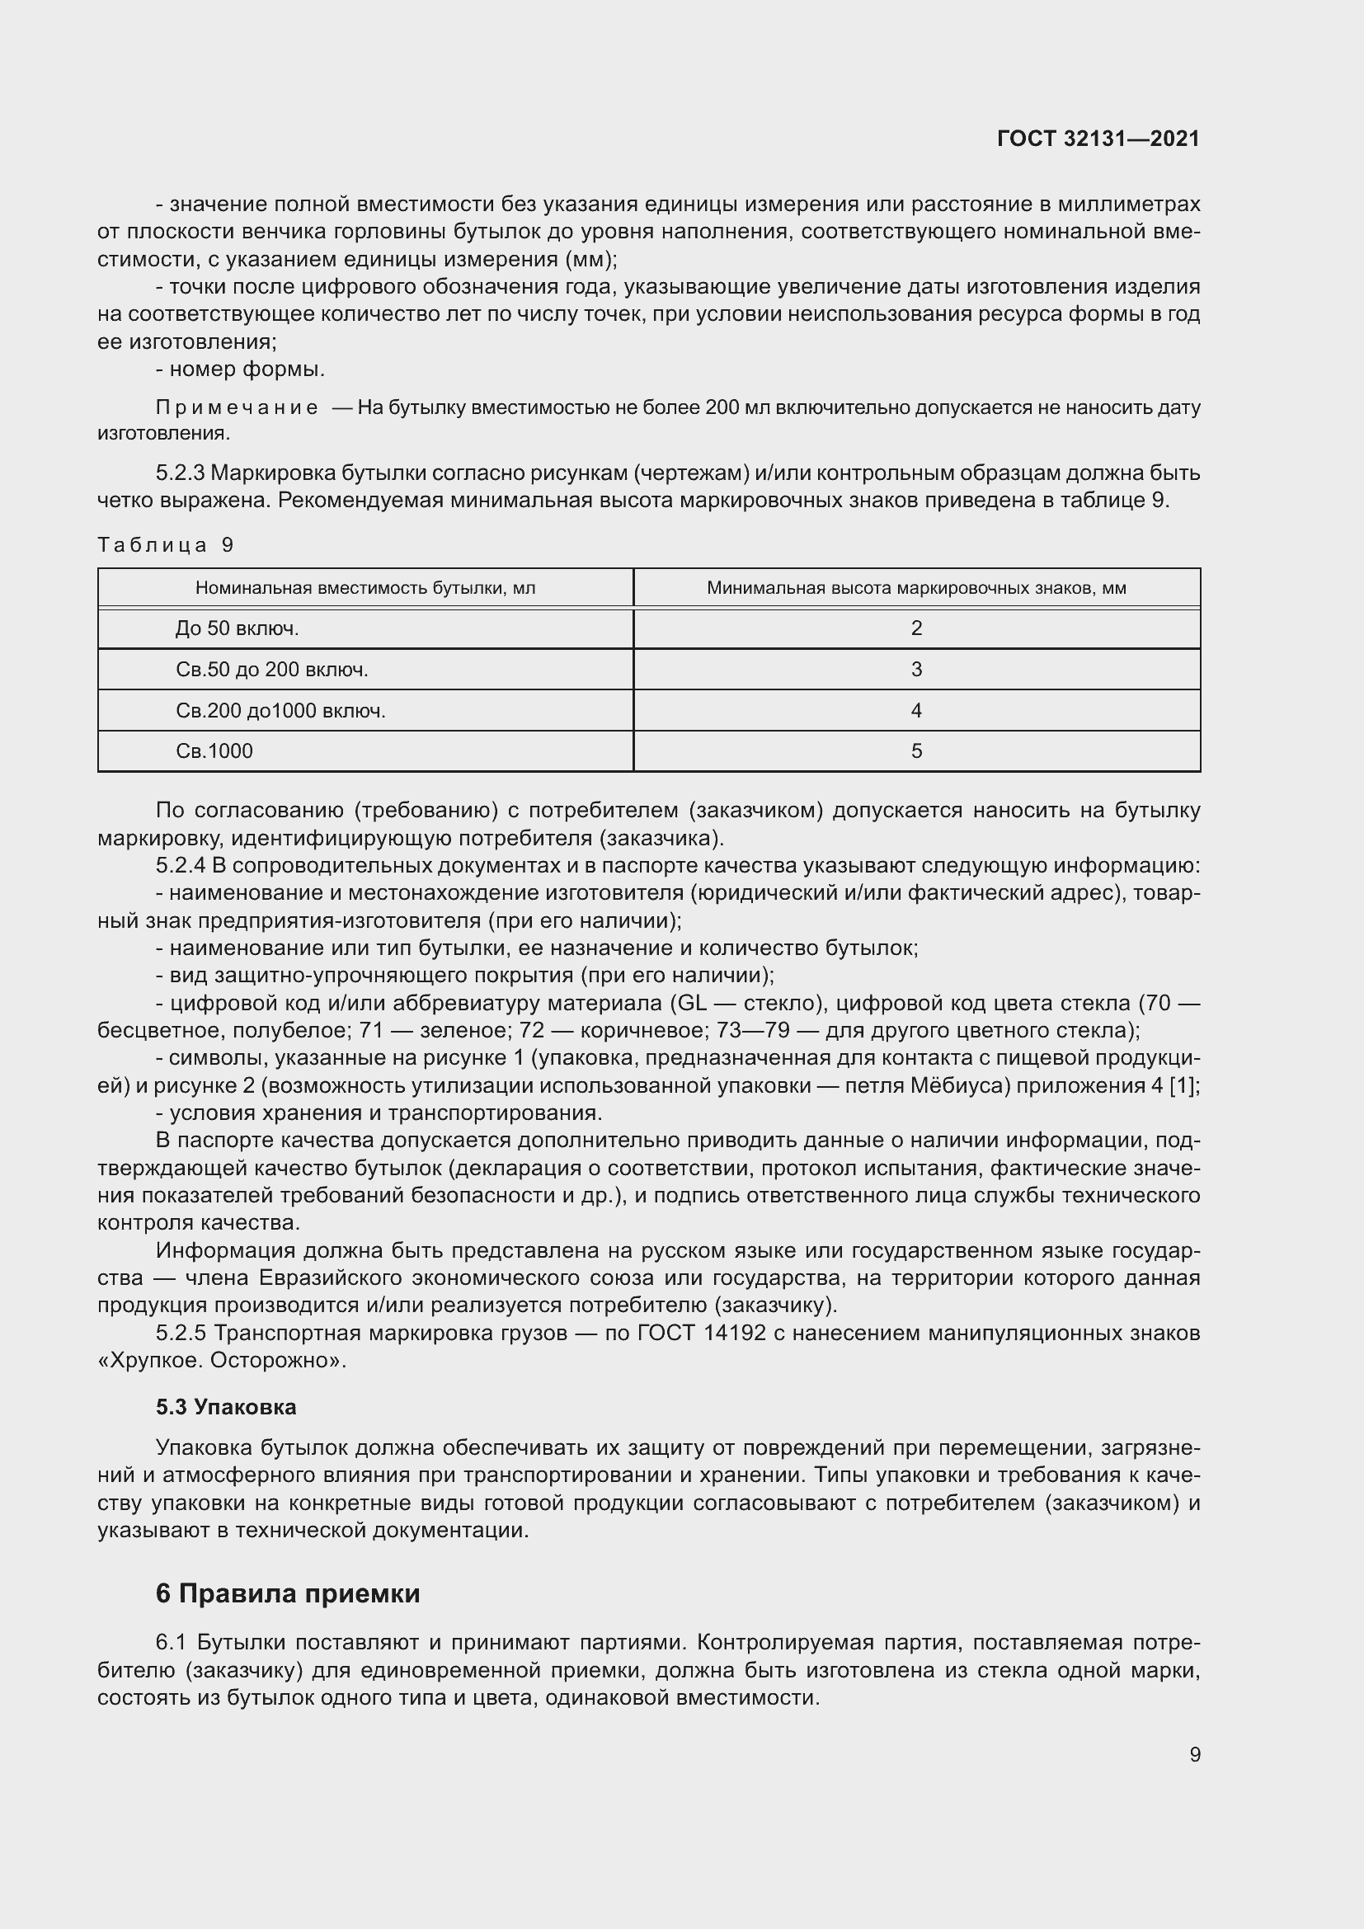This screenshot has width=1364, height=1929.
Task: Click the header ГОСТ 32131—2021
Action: pyautogui.click(x=1098, y=139)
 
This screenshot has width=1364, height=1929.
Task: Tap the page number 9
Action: pyautogui.click(x=1195, y=1754)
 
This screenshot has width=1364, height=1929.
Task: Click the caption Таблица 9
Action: pyautogui.click(x=166, y=544)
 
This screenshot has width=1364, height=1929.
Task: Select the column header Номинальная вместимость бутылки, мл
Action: pyautogui.click(x=365, y=588)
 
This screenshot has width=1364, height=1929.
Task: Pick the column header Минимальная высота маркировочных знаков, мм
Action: pyautogui.click(x=916, y=588)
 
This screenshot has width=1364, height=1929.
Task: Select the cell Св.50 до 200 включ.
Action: pyautogui.click(x=272, y=670)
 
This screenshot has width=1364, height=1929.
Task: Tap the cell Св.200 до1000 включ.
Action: pyautogui.click(x=280, y=711)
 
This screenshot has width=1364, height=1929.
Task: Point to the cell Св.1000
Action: pyautogui.click(x=214, y=751)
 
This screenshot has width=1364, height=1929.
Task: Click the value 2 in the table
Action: pyautogui.click(x=916, y=628)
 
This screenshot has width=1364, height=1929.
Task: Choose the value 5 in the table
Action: pyautogui.click(x=916, y=751)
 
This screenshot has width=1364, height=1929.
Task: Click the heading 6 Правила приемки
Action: pyautogui.click(x=287, y=1594)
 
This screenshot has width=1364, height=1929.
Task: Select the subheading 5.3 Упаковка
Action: pyautogui.click(x=226, y=1406)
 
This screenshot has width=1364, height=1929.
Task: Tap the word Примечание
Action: pyautogui.click(x=237, y=408)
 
